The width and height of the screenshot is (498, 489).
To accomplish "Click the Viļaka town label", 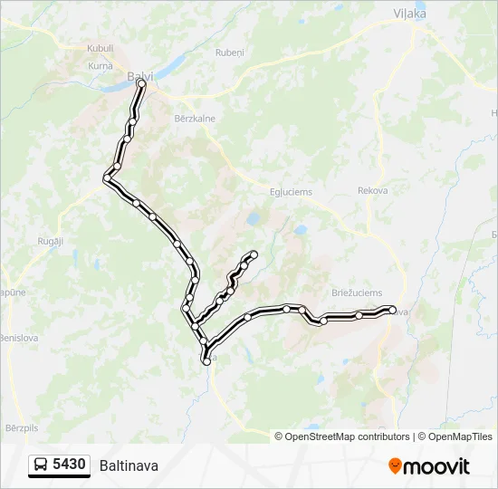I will tap(410, 13).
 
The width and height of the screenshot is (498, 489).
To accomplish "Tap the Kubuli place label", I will tap(100, 48).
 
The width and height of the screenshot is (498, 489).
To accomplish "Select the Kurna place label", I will tap(100, 66).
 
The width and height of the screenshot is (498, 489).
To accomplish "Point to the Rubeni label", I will tap(229, 53).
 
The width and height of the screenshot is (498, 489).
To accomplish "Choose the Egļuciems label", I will tap(290, 191).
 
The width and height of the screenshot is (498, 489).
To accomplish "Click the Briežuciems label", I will tap(356, 293).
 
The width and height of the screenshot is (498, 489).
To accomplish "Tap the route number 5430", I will tap(70, 465).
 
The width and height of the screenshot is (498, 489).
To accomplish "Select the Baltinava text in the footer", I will tap(129, 465).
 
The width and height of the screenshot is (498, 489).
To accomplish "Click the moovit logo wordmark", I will tap(436, 466).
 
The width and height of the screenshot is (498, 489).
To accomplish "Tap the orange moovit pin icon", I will tap(395, 465).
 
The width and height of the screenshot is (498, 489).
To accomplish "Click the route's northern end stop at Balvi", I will tap(141, 83).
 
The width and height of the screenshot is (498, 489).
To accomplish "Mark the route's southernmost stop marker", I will tap(206, 360).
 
